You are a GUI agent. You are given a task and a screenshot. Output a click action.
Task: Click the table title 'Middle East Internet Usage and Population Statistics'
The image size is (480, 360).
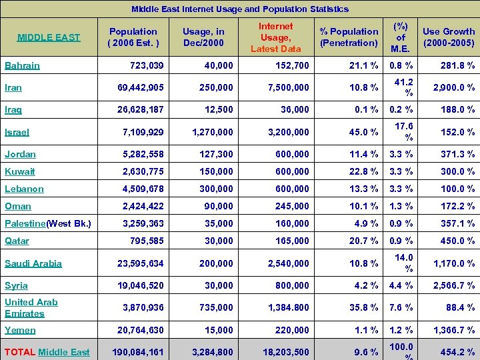tap(239, 9)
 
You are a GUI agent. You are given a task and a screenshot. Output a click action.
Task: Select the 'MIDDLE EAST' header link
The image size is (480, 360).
tap(49, 37)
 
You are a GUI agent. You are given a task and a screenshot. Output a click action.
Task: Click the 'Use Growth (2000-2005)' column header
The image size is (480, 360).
tap(449, 37)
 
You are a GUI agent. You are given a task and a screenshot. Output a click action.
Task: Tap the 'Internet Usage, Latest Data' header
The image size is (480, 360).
tap(275, 37)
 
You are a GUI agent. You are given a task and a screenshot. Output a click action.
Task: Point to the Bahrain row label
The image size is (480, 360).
tap(22, 65)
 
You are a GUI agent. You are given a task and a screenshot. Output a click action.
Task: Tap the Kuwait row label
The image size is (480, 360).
tap(20, 171)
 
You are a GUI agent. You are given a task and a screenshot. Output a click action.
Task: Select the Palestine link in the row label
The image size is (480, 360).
tap(25, 223)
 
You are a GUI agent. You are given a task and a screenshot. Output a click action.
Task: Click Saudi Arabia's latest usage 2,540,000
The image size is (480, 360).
tap(288, 263)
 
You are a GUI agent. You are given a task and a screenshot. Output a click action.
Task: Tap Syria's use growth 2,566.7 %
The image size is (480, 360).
tap(453, 285)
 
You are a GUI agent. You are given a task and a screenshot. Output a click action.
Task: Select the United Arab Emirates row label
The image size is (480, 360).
tap(31, 307)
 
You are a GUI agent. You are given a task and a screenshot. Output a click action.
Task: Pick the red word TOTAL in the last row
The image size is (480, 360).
tap(20, 352)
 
